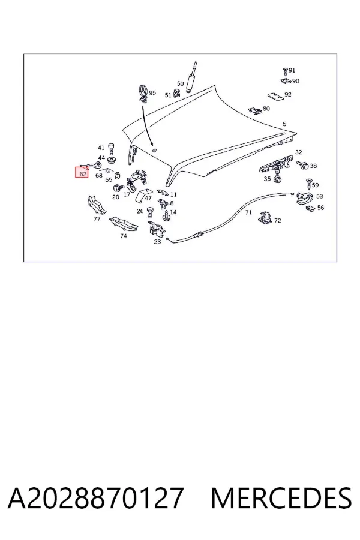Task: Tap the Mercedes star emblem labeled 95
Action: (x=143, y=93)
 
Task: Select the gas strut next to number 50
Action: (x=191, y=77)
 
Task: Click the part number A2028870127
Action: (x=95, y=498)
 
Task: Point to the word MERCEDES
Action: (x=281, y=498)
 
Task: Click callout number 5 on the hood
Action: (x=284, y=124)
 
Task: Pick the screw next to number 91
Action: (x=285, y=71)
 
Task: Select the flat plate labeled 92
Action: (x=275, y=97)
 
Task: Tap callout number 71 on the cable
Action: (x=248, y=212)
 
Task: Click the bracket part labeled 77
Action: (x=96, y=206)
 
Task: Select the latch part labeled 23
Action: (x=155, y=229)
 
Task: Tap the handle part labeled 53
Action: (x=304, y=199)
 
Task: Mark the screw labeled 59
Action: (x=308, y=184)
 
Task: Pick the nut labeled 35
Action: (x=277, y=179)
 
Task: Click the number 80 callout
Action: (x=266, y=109)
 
